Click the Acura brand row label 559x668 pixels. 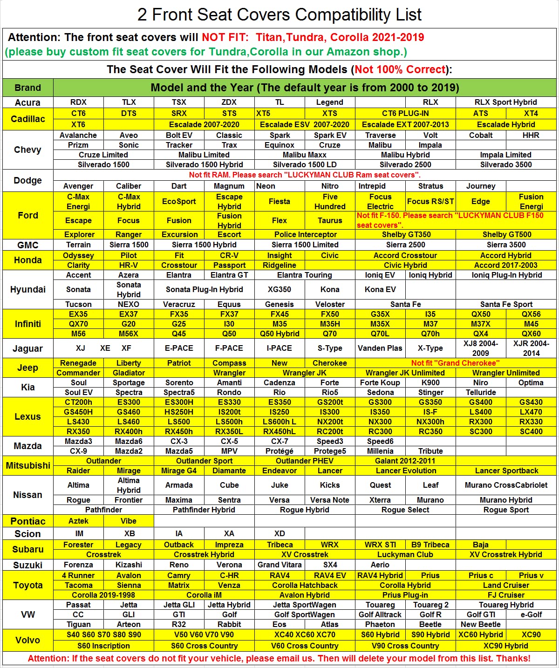tap(27, 102)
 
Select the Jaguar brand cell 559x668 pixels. tap(27, 348)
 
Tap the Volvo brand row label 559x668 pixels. tap(27, 640)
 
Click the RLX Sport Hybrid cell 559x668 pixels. tap(505, 102)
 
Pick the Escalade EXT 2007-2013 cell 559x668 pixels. tap(405, 124)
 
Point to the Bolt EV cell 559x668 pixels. tap(179, 135)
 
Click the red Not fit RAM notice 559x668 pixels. tap(305, 175)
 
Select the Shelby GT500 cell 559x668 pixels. tap(506, 234)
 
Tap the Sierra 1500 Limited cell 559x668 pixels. tap(305, 245)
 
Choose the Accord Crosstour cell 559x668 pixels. tap(405, 255)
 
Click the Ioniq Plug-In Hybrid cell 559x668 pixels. tap(506, 275)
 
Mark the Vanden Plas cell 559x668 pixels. tap(380, 348)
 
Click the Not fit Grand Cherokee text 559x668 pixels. tap(455, 363)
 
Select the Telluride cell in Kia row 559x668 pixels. tap(481, 392)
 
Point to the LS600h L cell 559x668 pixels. tap(279, 422)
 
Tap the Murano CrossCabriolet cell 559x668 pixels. tap(506, 485)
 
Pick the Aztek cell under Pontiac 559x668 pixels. tap(78, 521)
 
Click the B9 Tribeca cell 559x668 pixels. tap(430, 545)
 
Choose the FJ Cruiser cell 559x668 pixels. tap(506, 595)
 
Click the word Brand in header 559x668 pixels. tap(27, 88)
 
